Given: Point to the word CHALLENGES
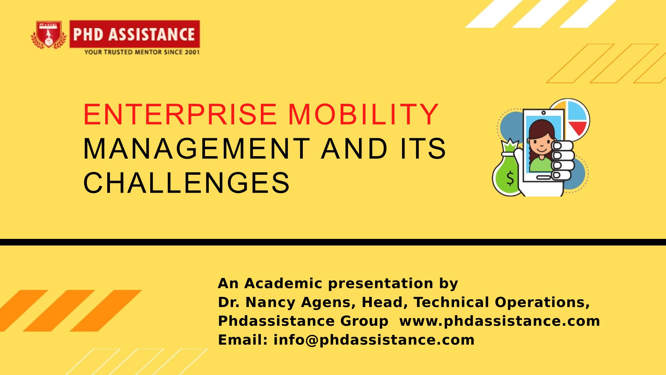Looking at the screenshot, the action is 186,183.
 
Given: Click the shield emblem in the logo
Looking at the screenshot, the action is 49,34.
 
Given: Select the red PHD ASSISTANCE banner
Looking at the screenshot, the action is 135,34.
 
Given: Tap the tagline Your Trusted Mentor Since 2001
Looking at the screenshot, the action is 142,52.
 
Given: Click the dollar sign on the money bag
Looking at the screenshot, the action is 510,178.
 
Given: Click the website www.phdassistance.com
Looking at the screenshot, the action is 499,321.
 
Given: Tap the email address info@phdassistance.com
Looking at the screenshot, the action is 374,340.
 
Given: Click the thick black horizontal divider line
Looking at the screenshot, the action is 333,242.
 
